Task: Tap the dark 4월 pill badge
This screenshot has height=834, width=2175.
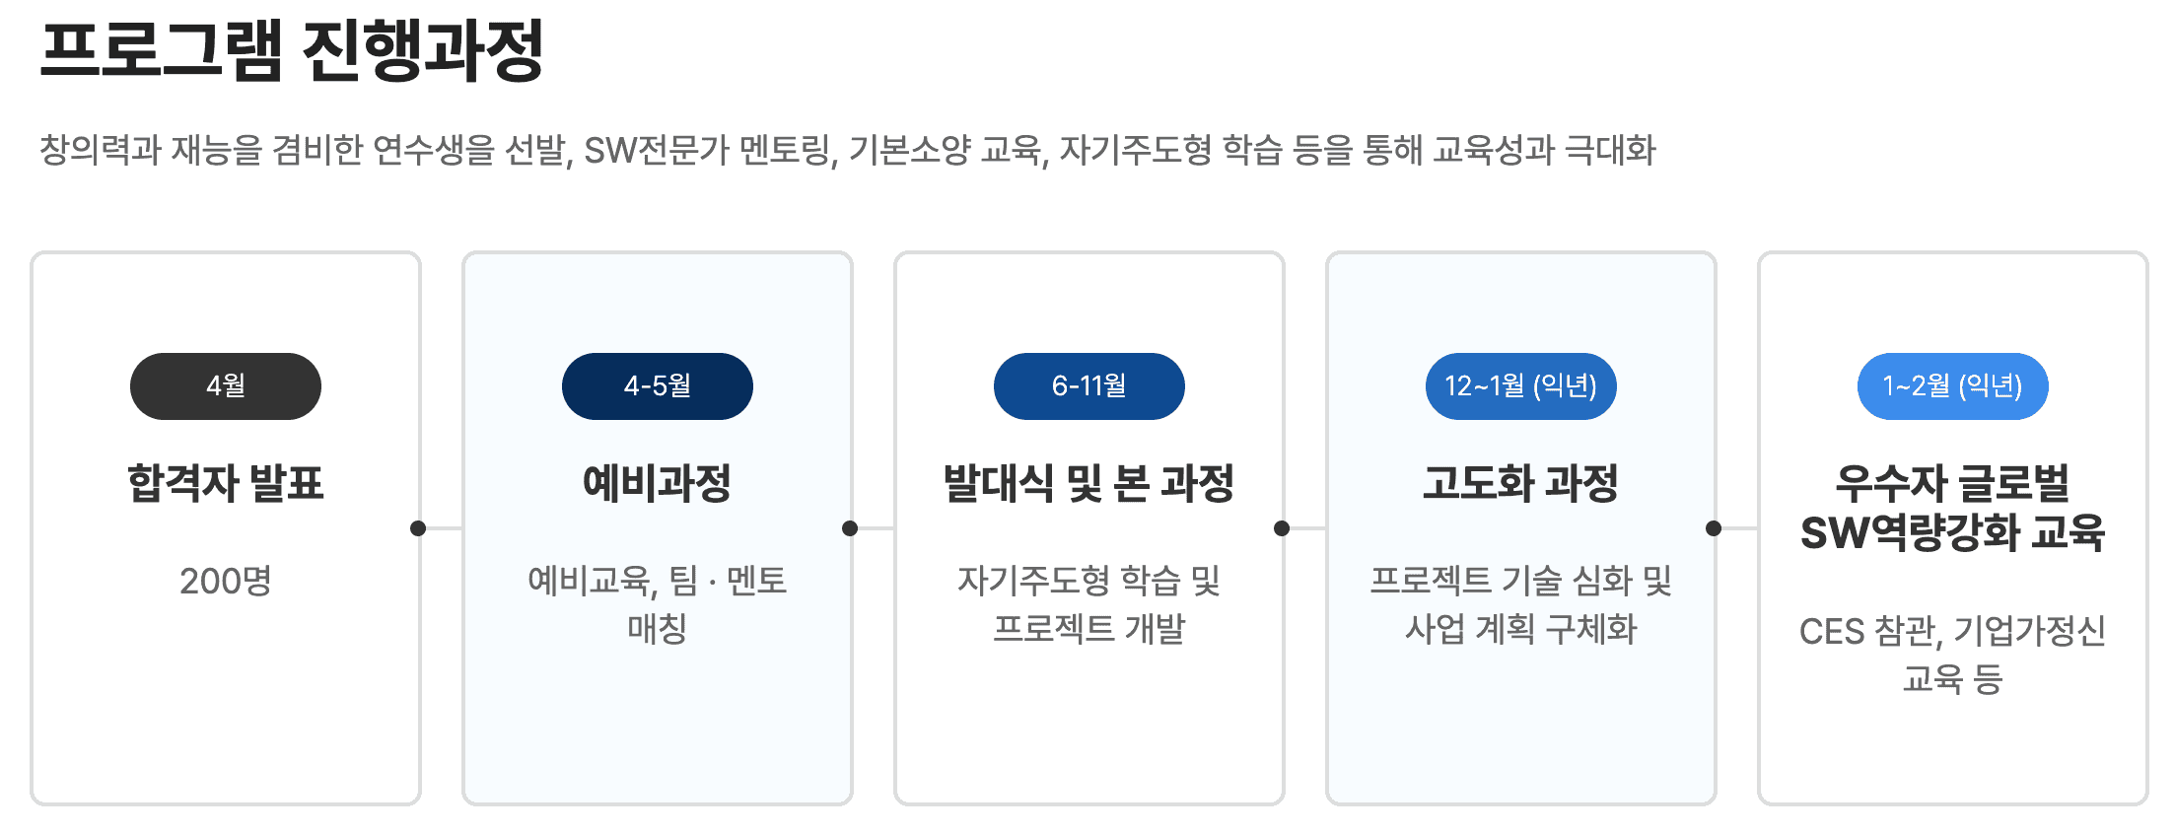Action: click(225, 386)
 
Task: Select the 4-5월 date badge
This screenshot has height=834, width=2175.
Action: click(657, 386)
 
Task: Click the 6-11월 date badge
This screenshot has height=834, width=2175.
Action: click(1088, 386)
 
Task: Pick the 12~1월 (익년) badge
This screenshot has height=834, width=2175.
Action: click(1520, 386)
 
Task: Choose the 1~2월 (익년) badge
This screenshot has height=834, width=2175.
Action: click(1952, 386)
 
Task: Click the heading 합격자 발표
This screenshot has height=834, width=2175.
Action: click(225, 483)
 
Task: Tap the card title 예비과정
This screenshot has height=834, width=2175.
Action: click(657, 483)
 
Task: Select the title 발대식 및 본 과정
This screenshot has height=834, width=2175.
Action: click(1088, 483)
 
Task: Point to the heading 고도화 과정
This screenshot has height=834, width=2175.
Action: click(1520, 483)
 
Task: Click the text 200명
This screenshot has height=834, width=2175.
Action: click(225, 581)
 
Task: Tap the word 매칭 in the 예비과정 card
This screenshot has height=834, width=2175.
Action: click(657, 629)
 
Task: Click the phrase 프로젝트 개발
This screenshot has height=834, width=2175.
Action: click(1088, 629)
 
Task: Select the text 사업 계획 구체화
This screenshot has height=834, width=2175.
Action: click(1520, 629)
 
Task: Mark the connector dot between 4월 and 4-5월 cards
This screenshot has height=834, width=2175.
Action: click(418, 528)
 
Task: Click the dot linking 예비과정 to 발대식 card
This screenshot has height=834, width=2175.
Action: click(850, 528)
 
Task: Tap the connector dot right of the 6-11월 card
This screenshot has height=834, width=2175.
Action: click(1282, 528)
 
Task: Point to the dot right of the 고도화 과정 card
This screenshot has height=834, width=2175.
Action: click(1714, 528)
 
